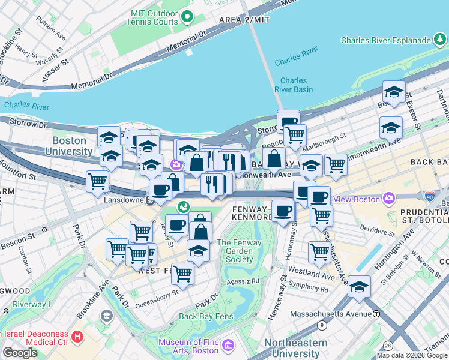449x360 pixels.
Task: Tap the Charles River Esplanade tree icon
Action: pyautogui.click(x=440, y=40)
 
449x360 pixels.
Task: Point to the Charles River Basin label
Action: pyautogui.click(x=294, y=85)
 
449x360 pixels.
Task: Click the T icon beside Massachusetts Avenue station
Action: pyautogui.click(x=376, y=314)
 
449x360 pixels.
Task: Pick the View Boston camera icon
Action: pyautogui.click(x=389, y=198)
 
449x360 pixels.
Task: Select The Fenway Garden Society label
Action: pyautogui.click(x=240, y=251)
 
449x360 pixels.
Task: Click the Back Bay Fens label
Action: pyautogui.click(x=205, y=316)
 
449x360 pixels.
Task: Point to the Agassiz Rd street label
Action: pyautogui.click(x=243, y=281)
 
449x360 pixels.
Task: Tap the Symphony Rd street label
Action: pyautogui.click(x=309, y=289)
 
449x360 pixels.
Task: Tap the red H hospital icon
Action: pyautogui.click(x=77, y=337)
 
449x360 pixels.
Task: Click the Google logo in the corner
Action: pyautogui.click(x=20, y=353)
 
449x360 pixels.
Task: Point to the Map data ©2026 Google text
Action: pyautogui.click(x=411, y=355)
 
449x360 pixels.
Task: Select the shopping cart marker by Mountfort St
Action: pyautogui.click(x=97, y=181)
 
